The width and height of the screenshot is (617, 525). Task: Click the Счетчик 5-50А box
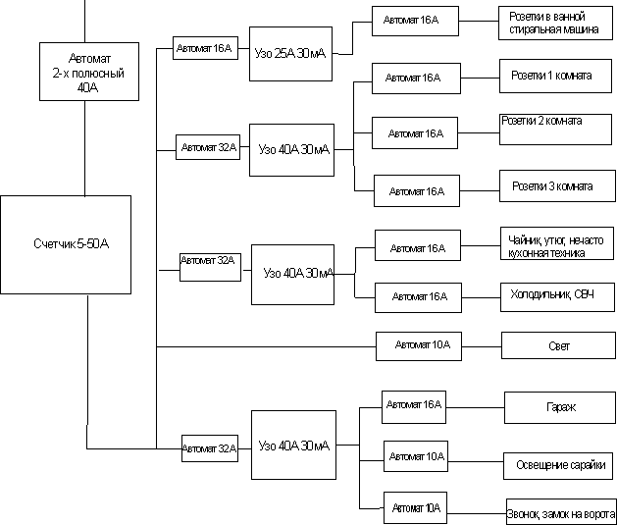tap(66, 244)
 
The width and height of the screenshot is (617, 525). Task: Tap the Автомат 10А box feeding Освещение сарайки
tap(416, 456)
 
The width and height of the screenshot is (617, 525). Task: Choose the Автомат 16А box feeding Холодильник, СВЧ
tap(418, 295)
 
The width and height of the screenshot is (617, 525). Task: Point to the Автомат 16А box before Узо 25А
tap(204, 48)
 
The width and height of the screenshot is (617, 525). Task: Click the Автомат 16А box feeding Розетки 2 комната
tap(415, 132)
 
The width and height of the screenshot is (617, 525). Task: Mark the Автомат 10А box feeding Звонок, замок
tap(416, 507)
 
